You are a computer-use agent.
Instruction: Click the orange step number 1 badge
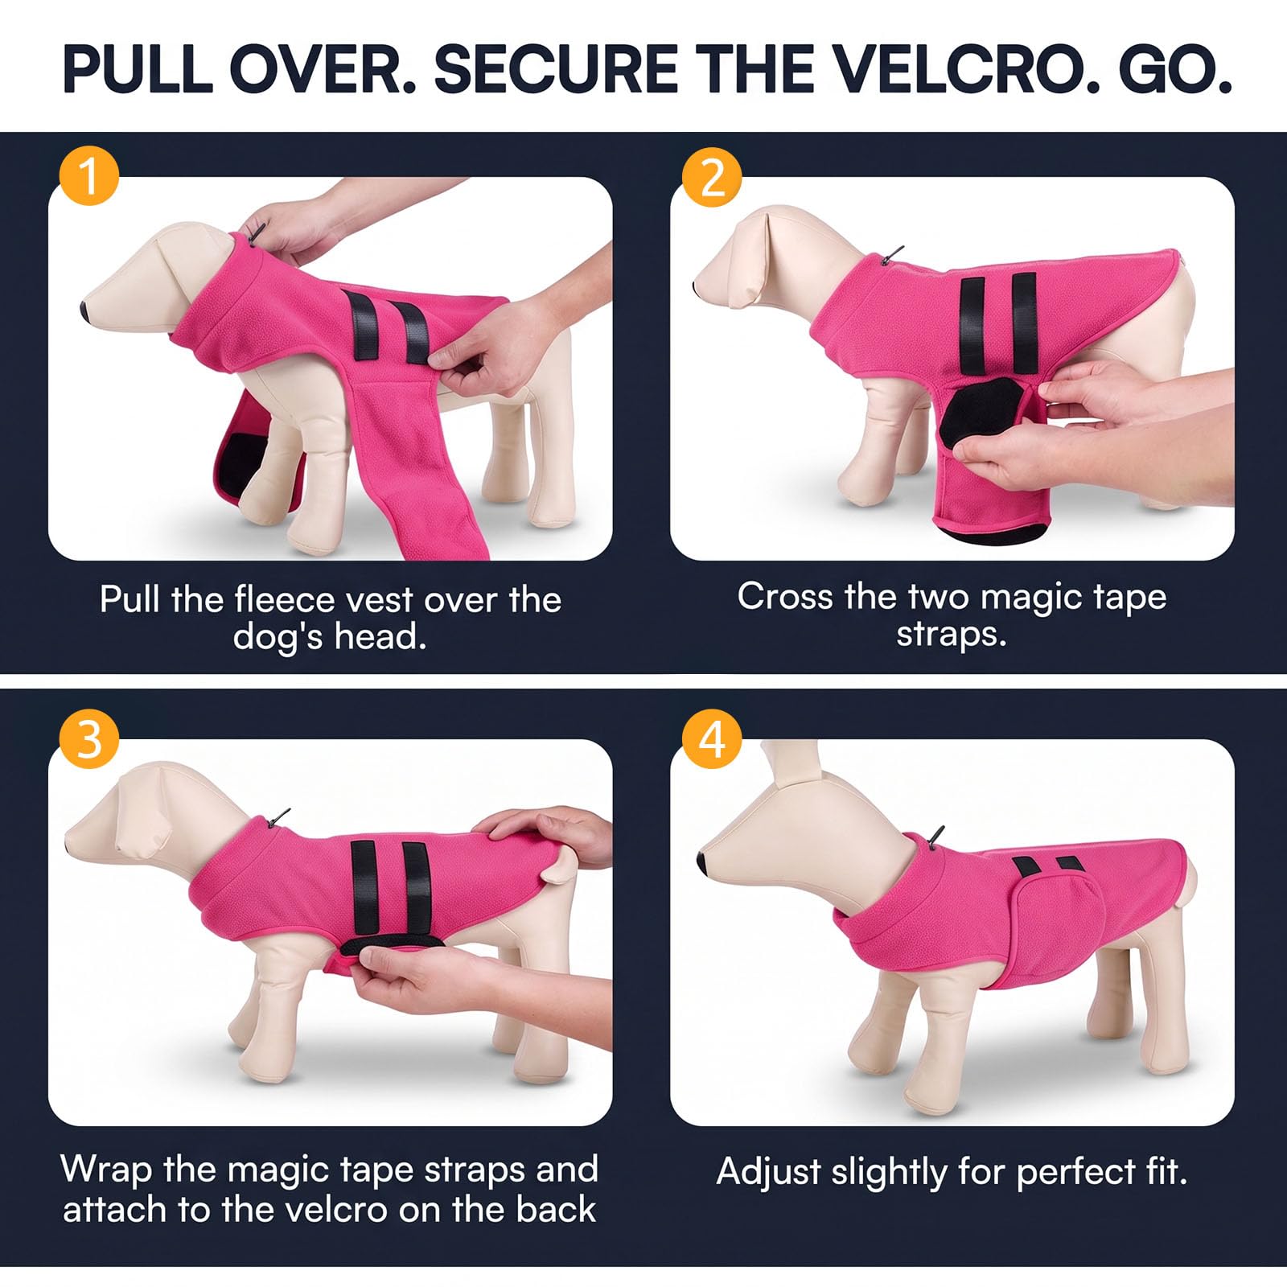(89, 177)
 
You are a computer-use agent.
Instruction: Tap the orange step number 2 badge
(712, 177)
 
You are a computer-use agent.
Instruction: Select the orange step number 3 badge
(89, 738)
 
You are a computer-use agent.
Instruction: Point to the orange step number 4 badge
(712, 738)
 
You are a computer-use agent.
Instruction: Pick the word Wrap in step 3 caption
(106, 1169)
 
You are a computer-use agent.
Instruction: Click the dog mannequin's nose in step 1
(87, 310)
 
